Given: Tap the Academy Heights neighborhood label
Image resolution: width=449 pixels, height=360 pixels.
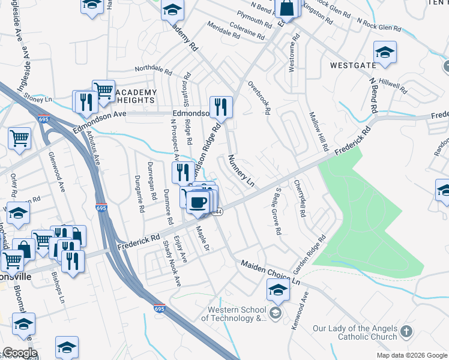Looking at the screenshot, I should pyautogui.click(x=135, y=96).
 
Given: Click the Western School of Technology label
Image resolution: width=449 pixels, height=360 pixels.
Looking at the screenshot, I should pyautogui.click(x=236, y=314).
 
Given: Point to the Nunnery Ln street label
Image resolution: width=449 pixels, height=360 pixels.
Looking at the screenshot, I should pyautogui.click(x=241, y=170).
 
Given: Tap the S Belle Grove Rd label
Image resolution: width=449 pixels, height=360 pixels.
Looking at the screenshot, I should pyautogui.click(x=277, y=211).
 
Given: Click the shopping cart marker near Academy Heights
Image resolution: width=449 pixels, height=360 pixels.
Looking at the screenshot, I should pyautogui.click(x=103, y=91).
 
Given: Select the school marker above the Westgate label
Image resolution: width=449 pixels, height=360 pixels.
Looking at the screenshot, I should pyautogui.click(x=385, y=51).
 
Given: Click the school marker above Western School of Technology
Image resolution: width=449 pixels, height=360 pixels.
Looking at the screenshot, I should pyautogui.click(x=279, y=290).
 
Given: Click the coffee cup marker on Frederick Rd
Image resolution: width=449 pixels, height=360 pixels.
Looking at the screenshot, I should pyautogui.click(x=197, y=202).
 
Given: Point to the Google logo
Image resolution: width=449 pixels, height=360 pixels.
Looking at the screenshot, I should pyautogui.click(x=20, y=353).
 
